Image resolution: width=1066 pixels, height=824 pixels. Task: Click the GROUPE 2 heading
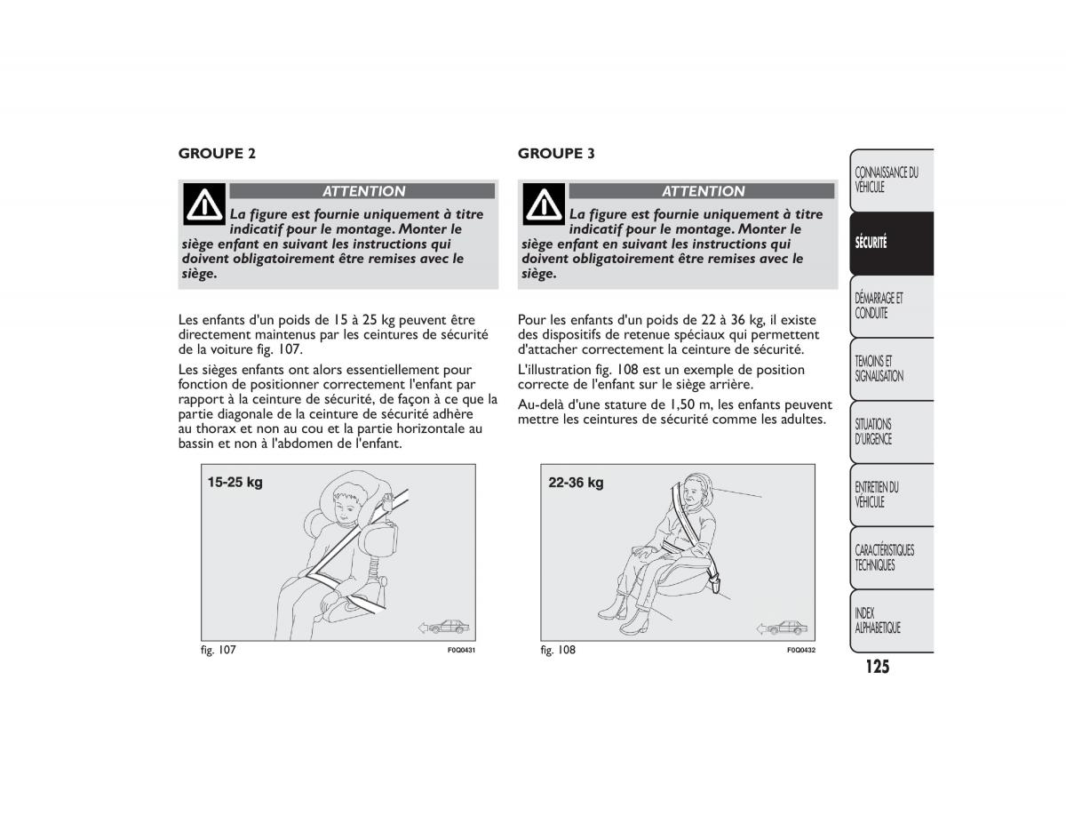coord(217,153)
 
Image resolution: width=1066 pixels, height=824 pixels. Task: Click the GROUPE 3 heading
coord(556,153)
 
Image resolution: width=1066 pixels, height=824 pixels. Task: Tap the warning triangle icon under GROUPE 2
coord(204,204)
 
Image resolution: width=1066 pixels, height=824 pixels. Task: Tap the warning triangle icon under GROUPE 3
coord(544,204)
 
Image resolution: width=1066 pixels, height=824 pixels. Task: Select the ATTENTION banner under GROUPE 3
coord(702,191)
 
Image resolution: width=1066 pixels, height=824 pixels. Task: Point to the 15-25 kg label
coord(235,483)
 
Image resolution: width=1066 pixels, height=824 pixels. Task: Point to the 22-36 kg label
coord(576,483)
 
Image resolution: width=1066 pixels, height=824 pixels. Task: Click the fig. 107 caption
coord(218,650)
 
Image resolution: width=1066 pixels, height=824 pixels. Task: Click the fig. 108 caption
coord(558,650)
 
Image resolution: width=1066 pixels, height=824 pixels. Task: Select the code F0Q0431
coord(461,651)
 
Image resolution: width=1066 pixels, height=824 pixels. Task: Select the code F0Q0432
coord(800,651)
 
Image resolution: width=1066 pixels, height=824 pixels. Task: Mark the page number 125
coord(874,667)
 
